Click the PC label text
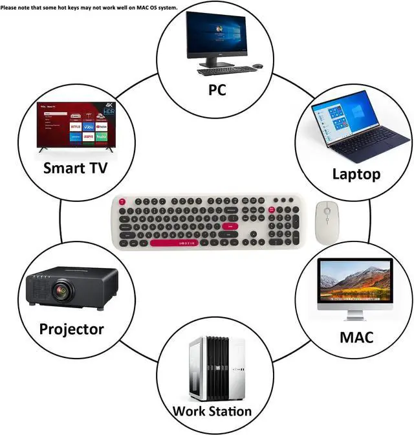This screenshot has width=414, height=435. pyautogui.click(x=217, y=90)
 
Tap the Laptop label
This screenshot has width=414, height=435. pyautogui.click(x=356, y=173)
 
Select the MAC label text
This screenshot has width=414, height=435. pyautogui.click(x=356, y=337)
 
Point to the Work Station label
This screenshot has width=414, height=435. pyautogui.click(x=212, y=410)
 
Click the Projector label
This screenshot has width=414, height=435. pyautogui.click(x=71, y=329)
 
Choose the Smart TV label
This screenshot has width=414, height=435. pyautogui.click(x=76, y=169)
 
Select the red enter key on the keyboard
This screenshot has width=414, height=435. pyautogui.click(x=230, y=226)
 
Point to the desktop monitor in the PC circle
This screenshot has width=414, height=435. pyautogui.click(x=217, y=35)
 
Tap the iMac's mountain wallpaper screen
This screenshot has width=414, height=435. pyautogui.click(x=354, y=279)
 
